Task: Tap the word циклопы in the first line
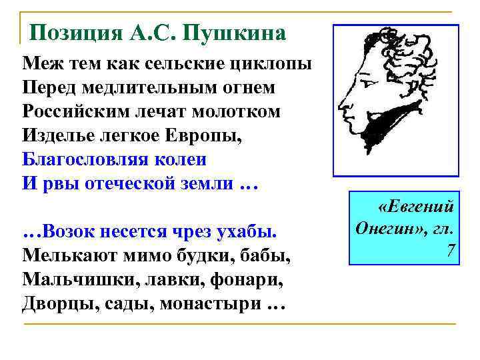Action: pyautogui.click(x=275, y=65)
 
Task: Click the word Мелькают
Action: pyautogui.click(x=64, y=256)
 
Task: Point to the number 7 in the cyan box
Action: pyautogui.click(x=451, y=250)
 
